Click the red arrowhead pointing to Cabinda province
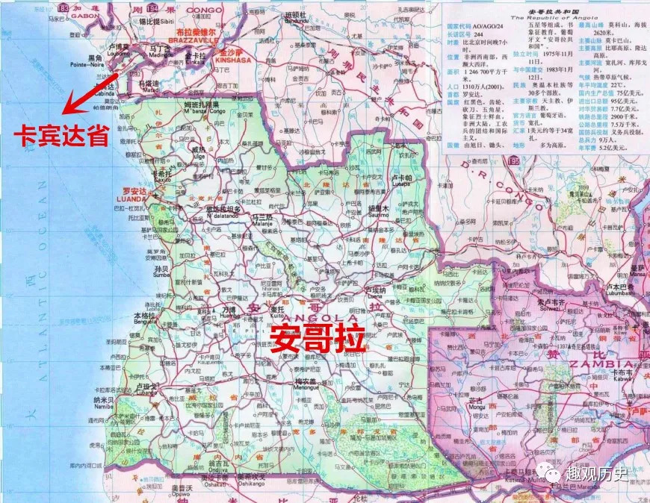[x=66, y=111]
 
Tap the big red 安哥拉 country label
[x=318, y=337]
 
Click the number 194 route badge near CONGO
[x=155, y=7]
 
